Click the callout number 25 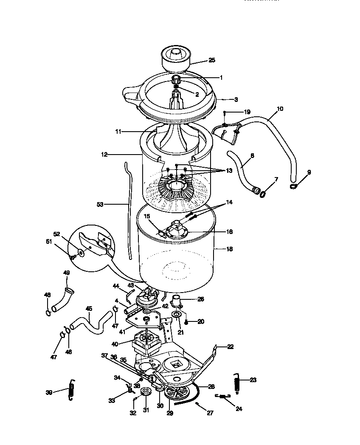212,60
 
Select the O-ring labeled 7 263,194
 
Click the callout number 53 100,204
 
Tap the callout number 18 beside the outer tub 229,249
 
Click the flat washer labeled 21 176,315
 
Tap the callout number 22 230,347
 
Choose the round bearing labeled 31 147,392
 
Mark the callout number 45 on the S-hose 89,309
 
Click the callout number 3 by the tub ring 236,99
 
